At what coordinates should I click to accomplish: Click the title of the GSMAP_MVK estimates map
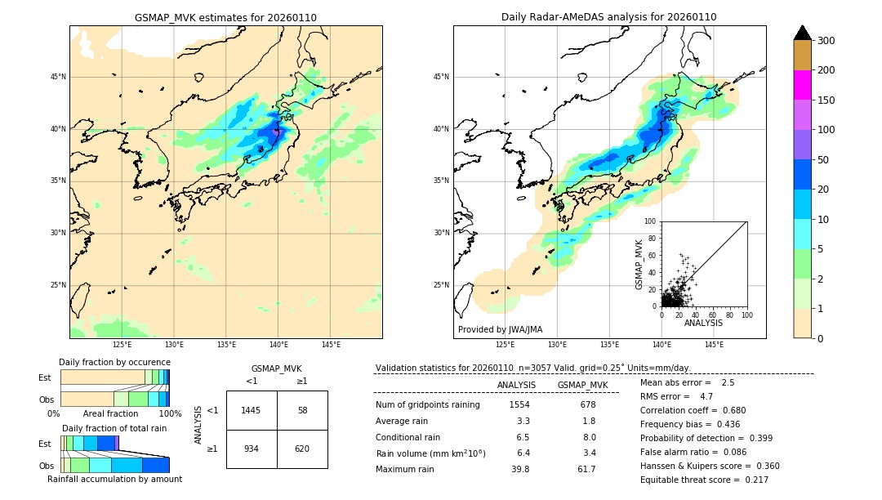pos(225,17)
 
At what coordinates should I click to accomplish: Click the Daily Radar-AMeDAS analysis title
pos(609,17)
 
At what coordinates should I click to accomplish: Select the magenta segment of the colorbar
pos(802,85)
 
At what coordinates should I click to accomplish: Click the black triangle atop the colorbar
pos(802,33)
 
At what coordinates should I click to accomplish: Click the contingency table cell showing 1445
pos(252,410)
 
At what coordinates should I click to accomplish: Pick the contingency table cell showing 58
pos(302,410)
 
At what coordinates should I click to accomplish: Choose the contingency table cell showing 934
pos(252,449)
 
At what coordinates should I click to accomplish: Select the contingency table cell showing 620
pos(302,449)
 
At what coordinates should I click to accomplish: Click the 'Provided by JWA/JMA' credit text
pos(500,330)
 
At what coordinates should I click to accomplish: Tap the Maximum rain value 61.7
pos(586,470)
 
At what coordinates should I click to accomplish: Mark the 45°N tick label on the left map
pos(58,77)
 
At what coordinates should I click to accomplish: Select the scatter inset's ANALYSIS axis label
pos(703,324)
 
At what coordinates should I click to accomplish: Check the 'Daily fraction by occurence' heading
pos(114,363)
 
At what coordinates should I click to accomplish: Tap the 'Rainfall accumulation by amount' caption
pos(114,480)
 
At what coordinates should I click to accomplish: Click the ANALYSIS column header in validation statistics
pos(516,386)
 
